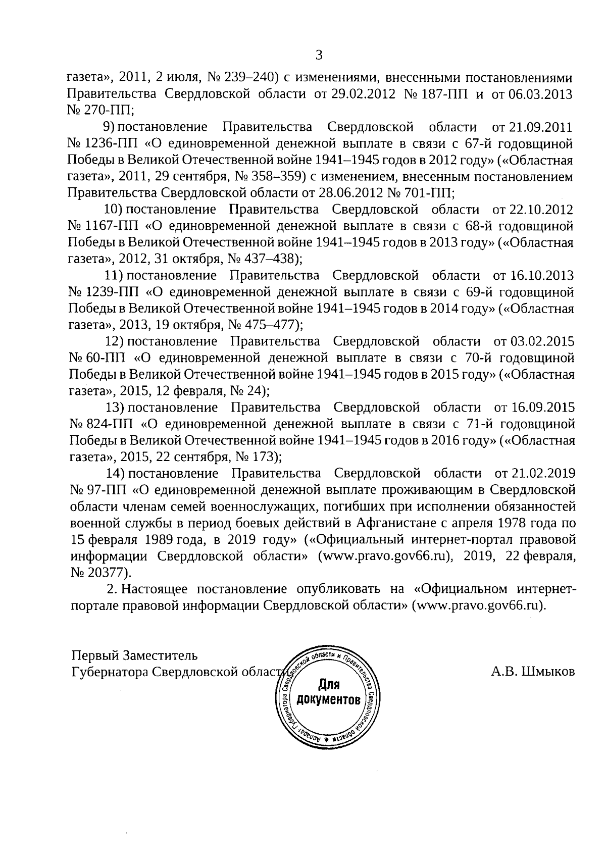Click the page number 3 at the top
318,55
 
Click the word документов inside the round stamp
329,700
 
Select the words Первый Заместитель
134,655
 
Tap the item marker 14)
115,474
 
